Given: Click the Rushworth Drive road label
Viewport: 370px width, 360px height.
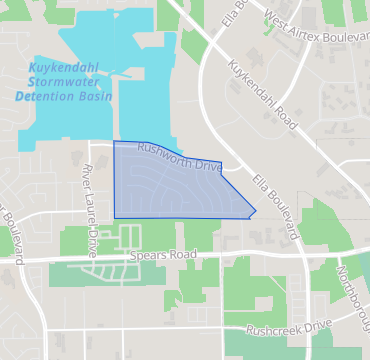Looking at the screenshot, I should click(x=179, y=156).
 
